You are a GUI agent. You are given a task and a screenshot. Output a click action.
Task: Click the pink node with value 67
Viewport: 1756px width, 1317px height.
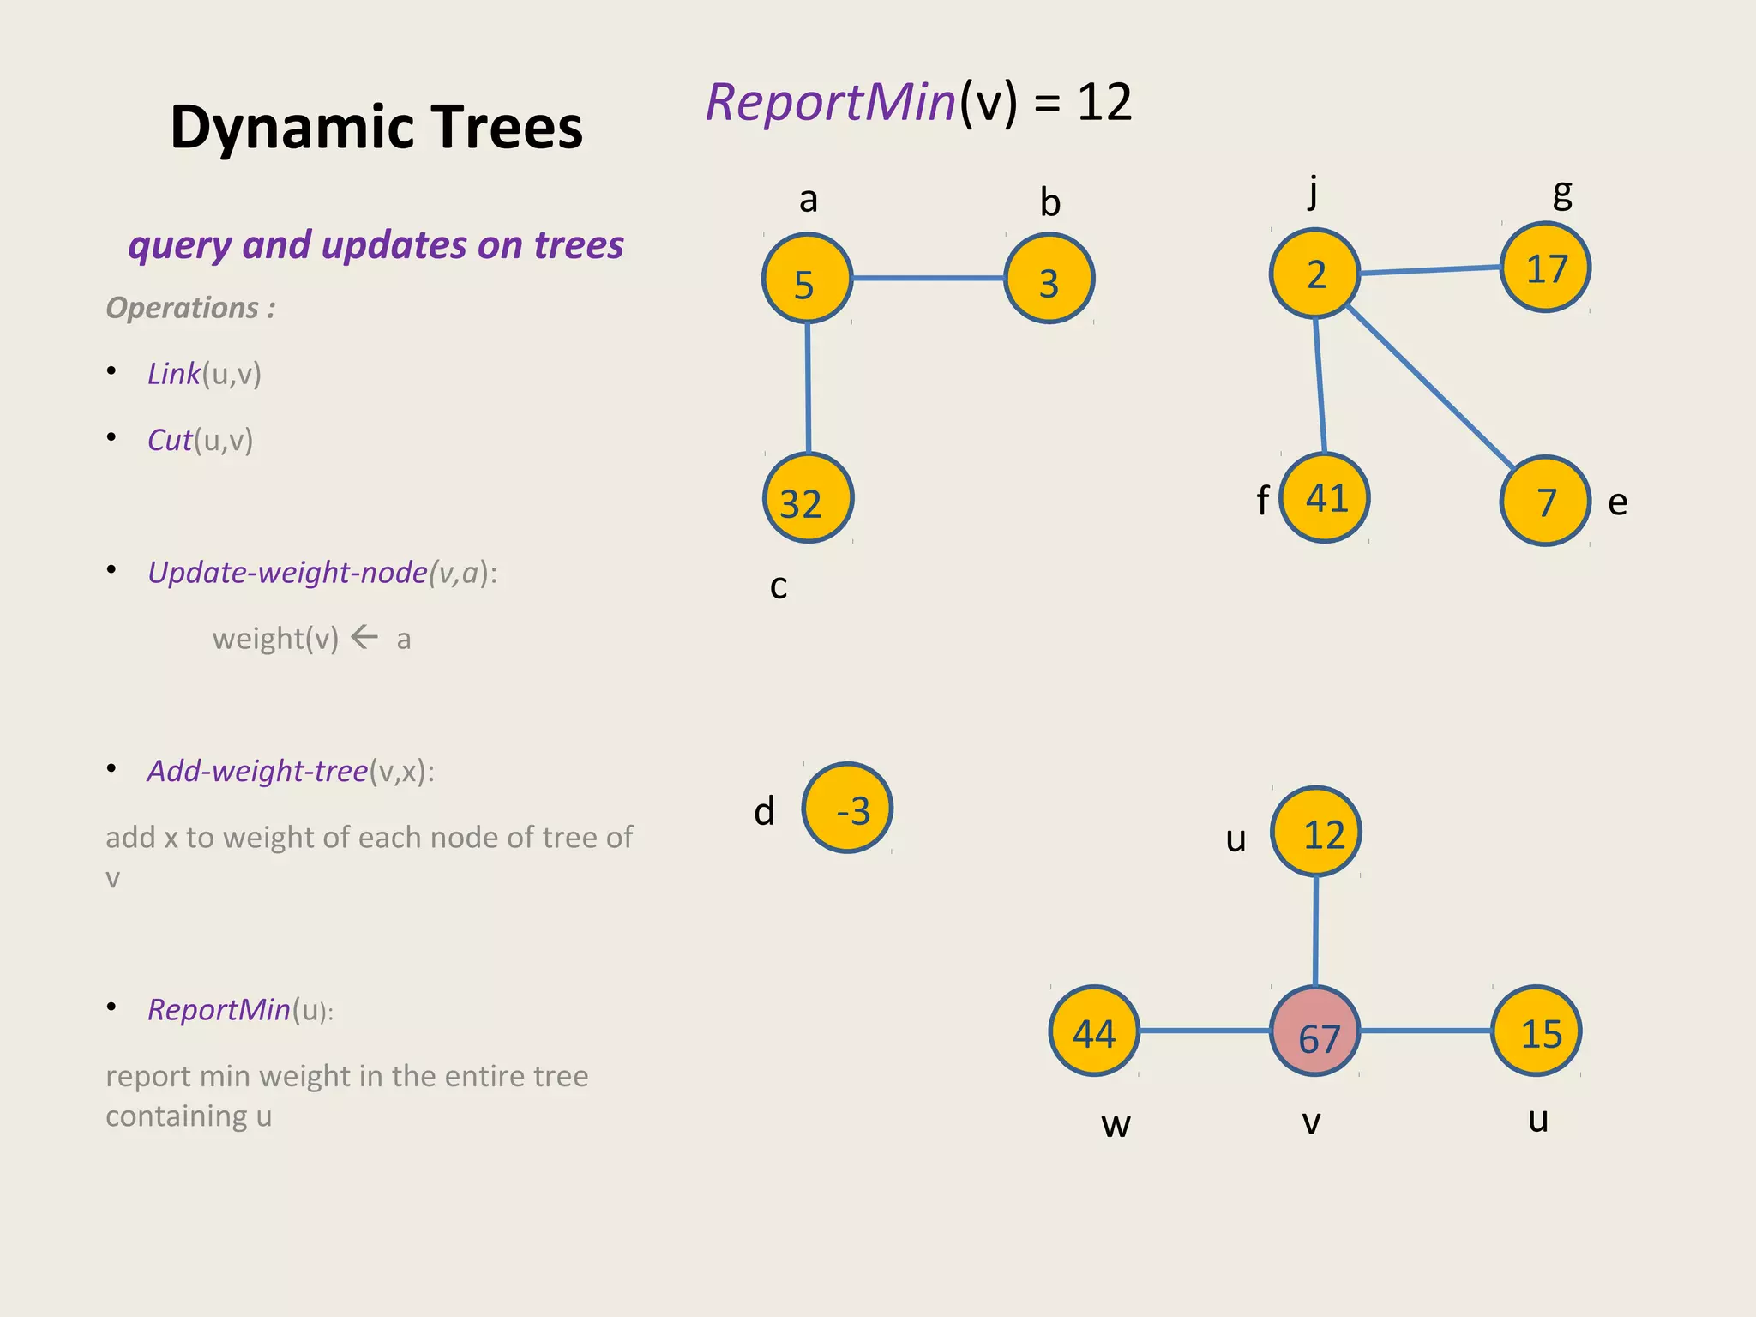pos(1315,1031)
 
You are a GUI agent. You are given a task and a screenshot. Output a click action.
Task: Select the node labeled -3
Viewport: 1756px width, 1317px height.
pos(847,808)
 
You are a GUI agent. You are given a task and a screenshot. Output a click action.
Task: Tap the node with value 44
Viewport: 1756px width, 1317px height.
pos(1094,1031)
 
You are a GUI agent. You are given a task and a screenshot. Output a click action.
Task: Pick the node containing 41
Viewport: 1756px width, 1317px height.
pos(1325,498)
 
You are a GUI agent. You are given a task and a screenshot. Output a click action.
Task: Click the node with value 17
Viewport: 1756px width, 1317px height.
pos(1545,268)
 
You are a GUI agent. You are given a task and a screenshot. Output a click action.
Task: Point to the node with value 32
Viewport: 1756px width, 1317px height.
pos(808,498)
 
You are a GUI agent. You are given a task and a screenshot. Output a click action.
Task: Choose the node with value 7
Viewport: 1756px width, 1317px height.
pos(1545,501)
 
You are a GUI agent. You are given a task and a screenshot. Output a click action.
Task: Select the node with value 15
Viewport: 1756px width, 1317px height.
pos(1536,1031)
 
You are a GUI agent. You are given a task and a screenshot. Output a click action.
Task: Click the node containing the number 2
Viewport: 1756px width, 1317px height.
pos(1315,274)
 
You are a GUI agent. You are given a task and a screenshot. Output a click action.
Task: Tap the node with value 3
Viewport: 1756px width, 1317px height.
pos(1049,279)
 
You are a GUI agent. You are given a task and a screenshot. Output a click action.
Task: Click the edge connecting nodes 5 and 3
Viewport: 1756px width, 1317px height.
pos(929,278)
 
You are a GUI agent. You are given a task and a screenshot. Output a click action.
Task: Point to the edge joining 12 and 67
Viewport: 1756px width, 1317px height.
pos(1316,931)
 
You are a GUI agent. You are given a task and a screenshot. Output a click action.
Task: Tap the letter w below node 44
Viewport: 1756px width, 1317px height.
pos(1116,1124)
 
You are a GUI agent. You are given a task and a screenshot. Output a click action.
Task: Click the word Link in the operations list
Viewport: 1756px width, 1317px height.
pos(174,374)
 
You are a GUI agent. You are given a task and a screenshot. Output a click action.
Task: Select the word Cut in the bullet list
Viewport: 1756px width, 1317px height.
pos(170,440)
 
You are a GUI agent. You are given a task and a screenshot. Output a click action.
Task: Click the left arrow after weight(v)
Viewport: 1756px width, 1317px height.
pos(364,637)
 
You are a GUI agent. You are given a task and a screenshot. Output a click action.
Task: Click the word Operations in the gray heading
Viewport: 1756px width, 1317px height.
pos(182,307)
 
